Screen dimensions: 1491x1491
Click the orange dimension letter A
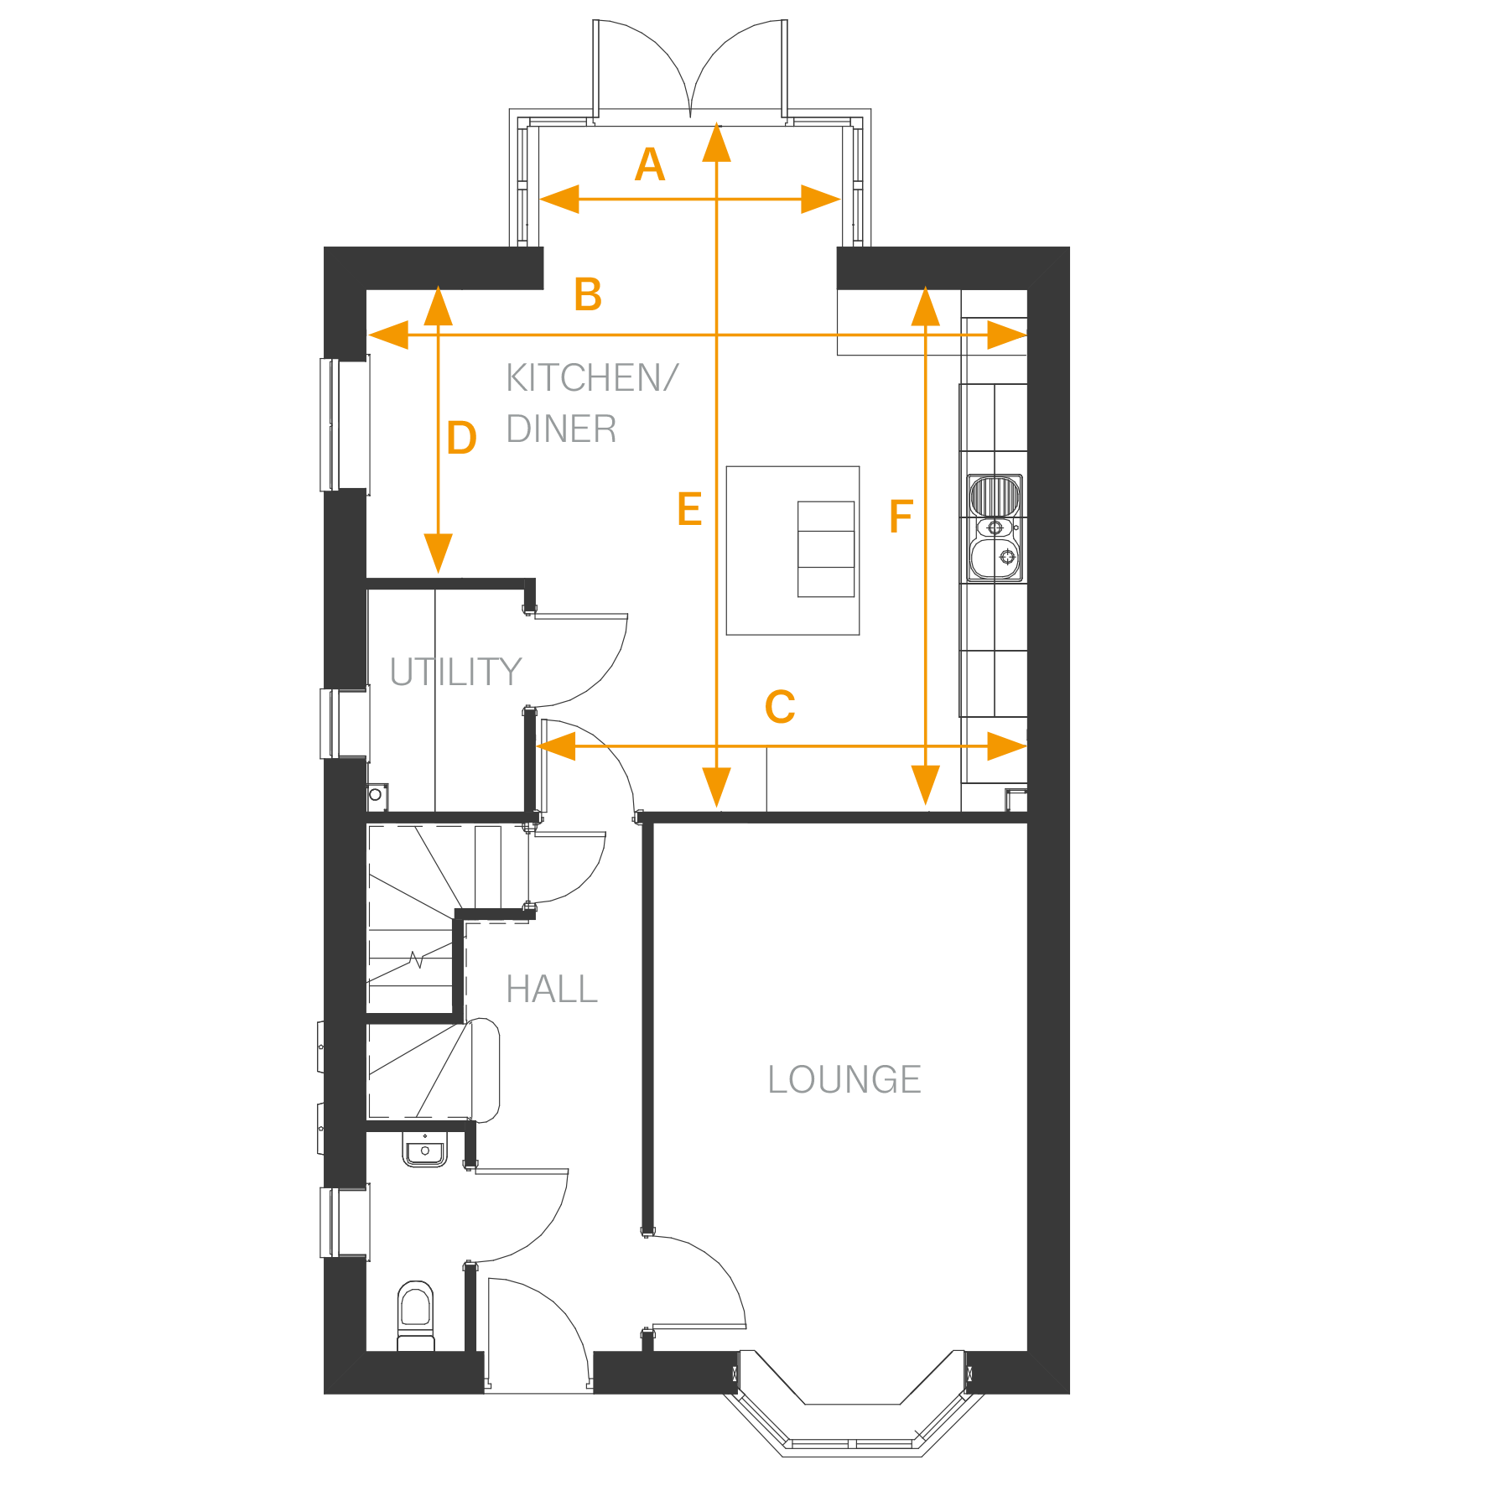tap(650, 164)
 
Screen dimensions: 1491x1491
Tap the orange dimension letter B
tap(588, 294)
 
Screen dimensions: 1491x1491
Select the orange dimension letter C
tap(780, 707)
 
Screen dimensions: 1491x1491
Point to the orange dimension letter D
tap(462, 438)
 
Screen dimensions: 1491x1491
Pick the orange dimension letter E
tap(689, 509)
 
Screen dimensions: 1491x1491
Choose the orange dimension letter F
tap(901, 516)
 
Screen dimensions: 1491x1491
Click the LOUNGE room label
tap(844, 1079)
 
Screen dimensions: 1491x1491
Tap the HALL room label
tap(552, 990)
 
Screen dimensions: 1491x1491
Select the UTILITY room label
tap(456, 672)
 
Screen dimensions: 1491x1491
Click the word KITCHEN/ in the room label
tap(592, 377)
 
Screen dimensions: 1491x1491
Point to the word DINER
tap(561, 429)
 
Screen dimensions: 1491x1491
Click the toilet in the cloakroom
tap(416, 1315)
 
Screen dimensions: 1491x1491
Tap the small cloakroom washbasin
tap(425, 1149)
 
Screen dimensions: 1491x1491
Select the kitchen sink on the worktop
tap(995, 527)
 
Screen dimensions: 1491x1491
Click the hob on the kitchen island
tap(826, 549)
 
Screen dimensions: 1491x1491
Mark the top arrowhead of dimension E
tap(716, 143)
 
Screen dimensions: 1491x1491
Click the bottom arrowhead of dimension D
tap(439, 553)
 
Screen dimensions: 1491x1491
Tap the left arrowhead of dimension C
tap(556, 745)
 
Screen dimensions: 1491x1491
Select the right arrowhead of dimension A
tap(820, 200)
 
